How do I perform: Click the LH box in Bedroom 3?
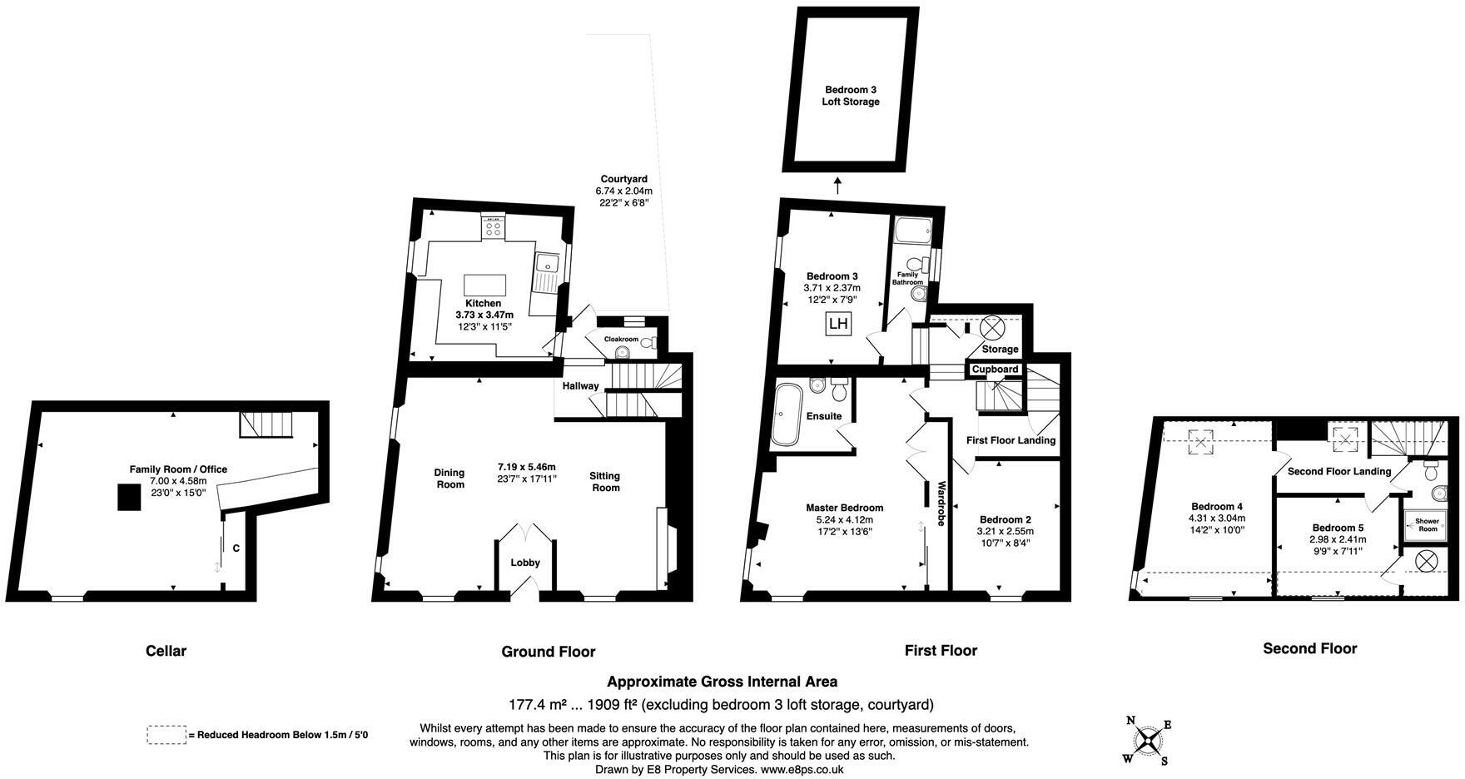point(838,324)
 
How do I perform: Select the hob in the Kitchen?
point(492,226)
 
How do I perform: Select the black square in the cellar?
point(128,497)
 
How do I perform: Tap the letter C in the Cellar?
point(236,548)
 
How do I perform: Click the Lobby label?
point(525,563)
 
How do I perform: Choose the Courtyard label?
point(623,179)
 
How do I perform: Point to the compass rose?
point(1149,741)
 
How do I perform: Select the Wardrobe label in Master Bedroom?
point(941,504)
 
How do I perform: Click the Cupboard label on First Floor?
point(995,369)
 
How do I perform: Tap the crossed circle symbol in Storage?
point(991,326)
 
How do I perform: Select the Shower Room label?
point(1427,524)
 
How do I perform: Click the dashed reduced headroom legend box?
point(166,735)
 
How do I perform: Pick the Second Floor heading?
point(1309,648)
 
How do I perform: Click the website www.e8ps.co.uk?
point(802,770)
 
